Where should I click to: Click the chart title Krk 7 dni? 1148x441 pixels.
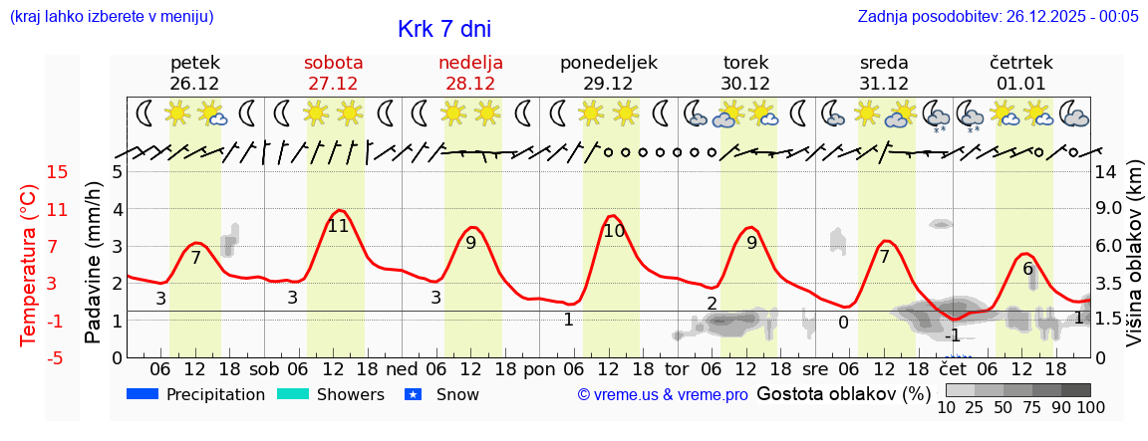click(x=443, y=30)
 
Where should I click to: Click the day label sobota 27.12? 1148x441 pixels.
click(x=333, y=73)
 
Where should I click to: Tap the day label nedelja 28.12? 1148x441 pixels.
click(x=470, y=73)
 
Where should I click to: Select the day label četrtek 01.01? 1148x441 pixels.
click(x=1020, y=73)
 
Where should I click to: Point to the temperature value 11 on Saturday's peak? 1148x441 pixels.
click(x=338, y=226)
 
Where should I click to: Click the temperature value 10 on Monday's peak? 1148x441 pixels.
click(x=613, y=231)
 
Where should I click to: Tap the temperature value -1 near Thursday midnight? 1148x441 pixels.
click(x=953, y=335)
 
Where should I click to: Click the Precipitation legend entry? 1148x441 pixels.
click(x=196, y=394)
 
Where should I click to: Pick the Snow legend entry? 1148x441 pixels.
click(x=442, y=394)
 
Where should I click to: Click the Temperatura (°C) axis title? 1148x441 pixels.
click(x=29, y=265)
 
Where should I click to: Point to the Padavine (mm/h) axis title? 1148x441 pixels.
click(x=94, y=263)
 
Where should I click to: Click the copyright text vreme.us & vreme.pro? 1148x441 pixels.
click(x=662, y=395)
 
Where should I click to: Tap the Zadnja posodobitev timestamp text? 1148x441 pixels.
click(x=998, y=16)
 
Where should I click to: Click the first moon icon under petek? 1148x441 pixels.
click(x=145, y=112)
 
